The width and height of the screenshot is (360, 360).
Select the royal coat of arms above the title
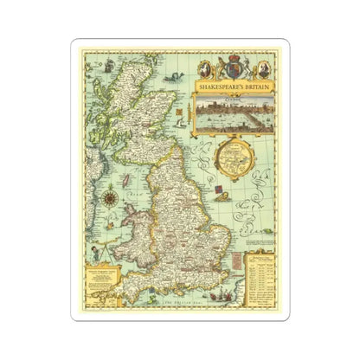tap(233, 69)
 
